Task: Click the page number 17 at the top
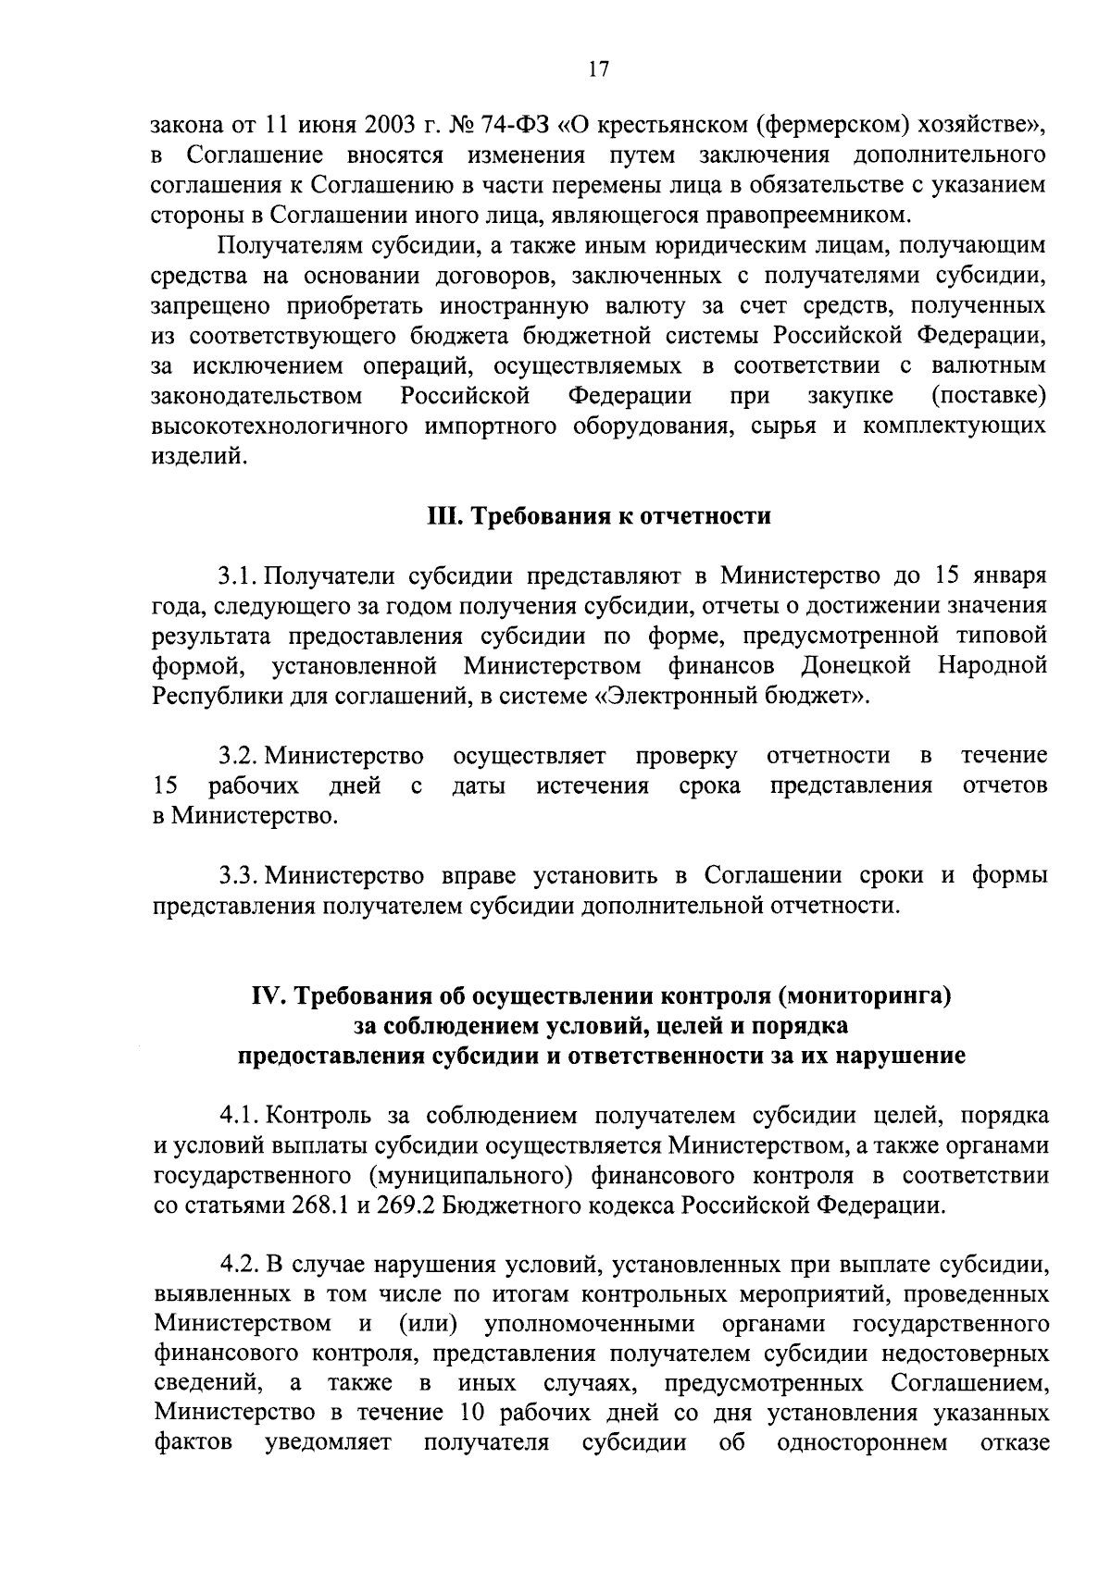597,70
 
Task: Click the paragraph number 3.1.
238,575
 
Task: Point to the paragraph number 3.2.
239,756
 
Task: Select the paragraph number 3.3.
239,874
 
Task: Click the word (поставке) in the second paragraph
989,396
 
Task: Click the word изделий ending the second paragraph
198,456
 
